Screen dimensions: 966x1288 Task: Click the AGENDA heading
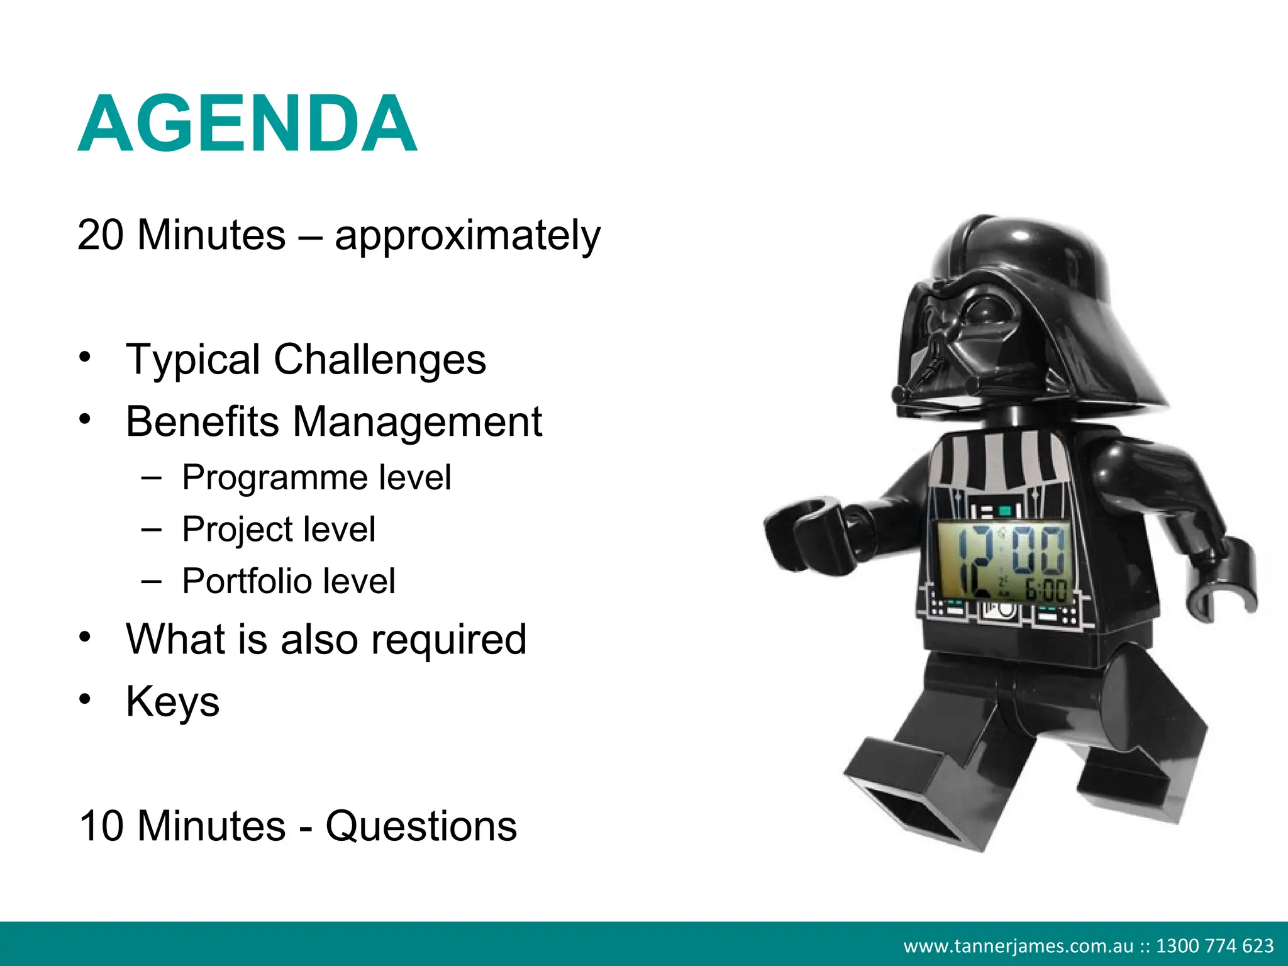pyautogui.click(x=247, y=124)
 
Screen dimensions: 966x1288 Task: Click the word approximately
pyautogui.click(x=467, y=236)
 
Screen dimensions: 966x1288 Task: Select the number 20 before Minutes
pyautogui.click(x=101, y=235)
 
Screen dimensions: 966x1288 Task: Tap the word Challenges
pyautogui.click(x=379, y=360)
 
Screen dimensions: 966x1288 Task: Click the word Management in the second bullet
pyautogui.click(x=417, y=421)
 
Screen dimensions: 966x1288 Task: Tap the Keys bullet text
pyautogui.click(x=173, y=702)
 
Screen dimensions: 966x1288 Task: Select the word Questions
pyautogui.click(x=421, y=826)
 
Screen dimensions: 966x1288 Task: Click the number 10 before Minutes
pyautogui.click(x=102, y=826)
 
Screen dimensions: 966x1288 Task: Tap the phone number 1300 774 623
pyautogui.click(x=1214, y=946)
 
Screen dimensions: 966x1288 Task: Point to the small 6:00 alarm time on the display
pyautogui.click(x=1046, y=590)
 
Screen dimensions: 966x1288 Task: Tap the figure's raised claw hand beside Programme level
pyautogui.click(x=808, y=535)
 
